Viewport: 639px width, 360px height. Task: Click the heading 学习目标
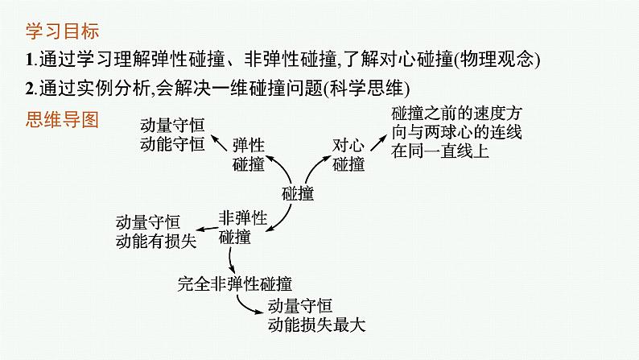pos(57,33)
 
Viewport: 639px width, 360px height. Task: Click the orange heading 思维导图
pos(57,120)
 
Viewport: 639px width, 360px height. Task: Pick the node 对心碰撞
pos(348,154)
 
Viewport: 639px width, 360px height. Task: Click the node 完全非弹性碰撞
pos(234,283)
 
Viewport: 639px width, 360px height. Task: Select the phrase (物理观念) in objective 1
pos(497,60)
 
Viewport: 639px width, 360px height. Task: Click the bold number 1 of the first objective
pos(30,60)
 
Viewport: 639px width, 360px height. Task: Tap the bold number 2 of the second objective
pos(30,88)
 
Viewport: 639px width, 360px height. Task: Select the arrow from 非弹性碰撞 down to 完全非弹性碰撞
pos(231,259)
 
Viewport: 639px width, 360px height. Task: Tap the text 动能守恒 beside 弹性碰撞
pos(171,145)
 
